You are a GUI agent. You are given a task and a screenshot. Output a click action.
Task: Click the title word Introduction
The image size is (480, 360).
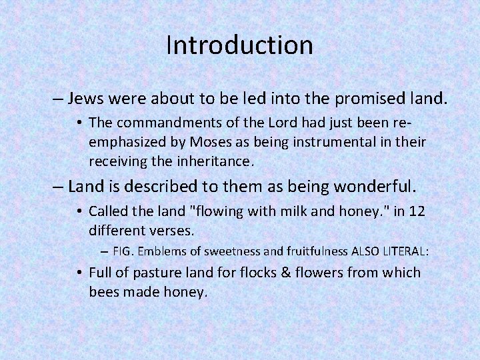click(x=239, y=45)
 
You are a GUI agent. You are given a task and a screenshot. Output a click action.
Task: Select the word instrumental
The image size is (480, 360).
click(x=323, y=142)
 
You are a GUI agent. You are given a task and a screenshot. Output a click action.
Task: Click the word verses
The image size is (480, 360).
click(x=176, y=231)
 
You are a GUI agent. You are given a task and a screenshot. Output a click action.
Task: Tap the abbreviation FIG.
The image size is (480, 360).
click(x=123, y=252)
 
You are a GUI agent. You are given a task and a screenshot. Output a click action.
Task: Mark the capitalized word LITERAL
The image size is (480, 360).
click(x=405, y=252)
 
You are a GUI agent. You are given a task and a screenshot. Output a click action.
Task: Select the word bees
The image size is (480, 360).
click(x=104, y=291)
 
